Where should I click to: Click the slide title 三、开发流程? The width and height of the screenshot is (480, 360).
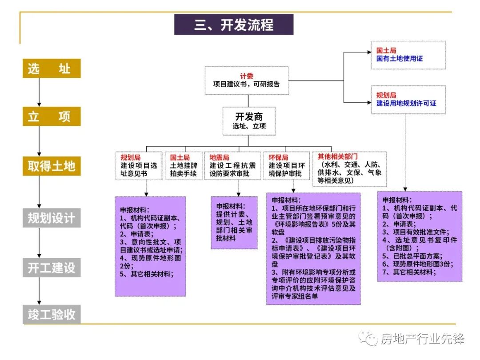233,25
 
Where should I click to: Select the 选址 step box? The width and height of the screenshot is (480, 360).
52,68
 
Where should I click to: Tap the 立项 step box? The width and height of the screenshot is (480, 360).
52,116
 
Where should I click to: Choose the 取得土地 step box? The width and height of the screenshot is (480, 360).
52,166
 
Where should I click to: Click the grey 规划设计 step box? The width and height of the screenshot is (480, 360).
52,218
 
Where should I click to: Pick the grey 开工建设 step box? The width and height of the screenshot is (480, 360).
52,268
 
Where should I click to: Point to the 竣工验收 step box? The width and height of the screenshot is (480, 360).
52,315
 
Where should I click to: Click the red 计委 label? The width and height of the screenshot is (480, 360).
246,76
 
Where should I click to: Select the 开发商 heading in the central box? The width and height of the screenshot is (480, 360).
249,116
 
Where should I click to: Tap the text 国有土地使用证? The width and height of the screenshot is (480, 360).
400,59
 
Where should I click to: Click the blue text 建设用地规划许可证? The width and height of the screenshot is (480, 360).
406,103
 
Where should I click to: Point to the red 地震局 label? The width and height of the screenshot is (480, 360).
219,157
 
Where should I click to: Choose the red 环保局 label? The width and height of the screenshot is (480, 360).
278,157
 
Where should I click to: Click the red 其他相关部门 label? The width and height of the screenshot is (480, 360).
337,156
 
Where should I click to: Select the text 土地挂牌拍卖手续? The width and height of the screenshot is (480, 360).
183,169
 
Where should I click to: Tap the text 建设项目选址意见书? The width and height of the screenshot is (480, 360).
139,169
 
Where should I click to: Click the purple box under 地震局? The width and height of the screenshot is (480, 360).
234,222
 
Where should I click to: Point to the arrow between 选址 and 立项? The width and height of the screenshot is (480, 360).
39,92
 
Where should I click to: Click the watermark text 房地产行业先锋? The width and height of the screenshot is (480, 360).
422,339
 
